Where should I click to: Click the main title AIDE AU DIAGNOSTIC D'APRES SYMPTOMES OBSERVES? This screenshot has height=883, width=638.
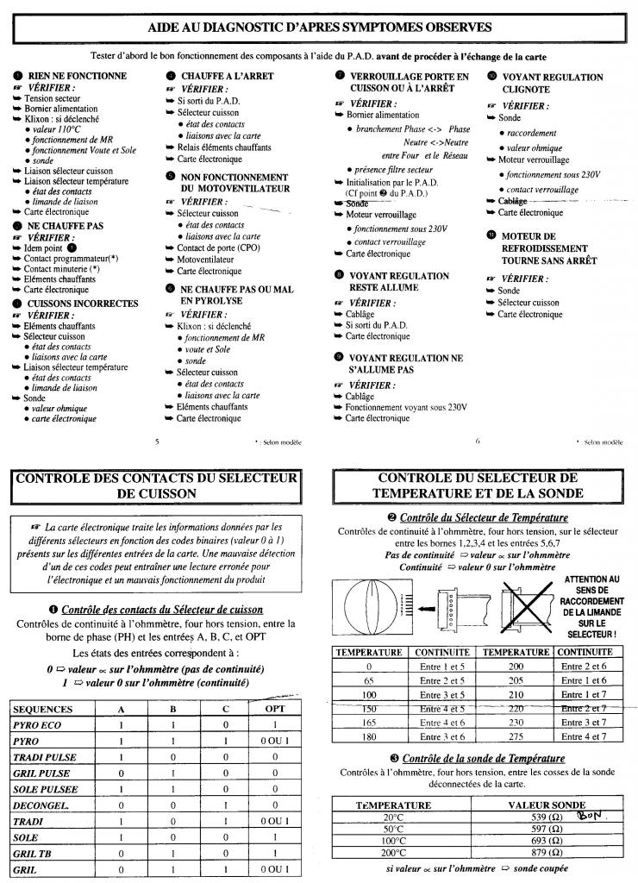[x=319, y=28]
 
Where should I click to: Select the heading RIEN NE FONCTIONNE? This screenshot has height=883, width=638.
[x=77, y=76]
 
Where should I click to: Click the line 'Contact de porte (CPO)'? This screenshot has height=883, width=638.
[x=218, y=247]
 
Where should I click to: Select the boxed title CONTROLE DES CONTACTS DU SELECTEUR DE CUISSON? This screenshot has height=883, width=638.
[x=156, y=485]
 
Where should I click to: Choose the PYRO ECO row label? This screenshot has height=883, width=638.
[x=37, y=725]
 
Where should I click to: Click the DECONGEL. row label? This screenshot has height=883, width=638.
[x=41, y=805]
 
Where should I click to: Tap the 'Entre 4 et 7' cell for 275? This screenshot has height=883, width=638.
[x=584, y=736]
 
